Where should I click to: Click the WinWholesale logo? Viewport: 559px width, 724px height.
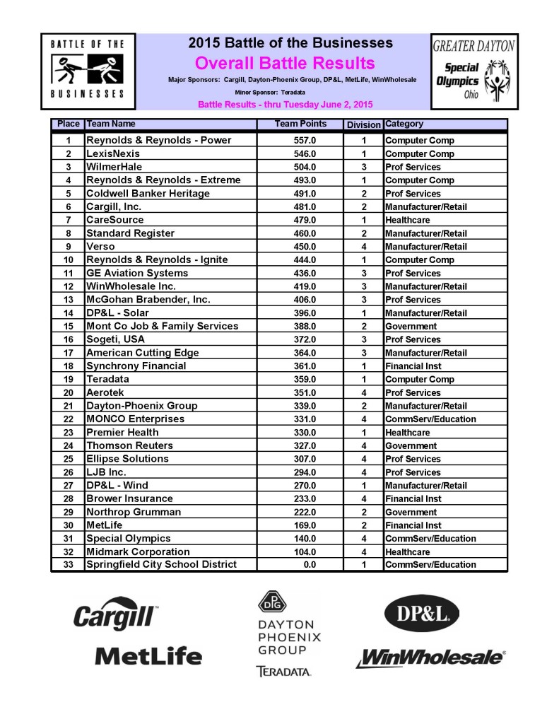(x=430, y=658)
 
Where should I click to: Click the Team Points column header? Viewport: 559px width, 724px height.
(x=300, y=124)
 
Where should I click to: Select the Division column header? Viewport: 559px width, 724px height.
(x=363, y=125)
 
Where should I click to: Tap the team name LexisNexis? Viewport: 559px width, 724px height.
(x=113, y=153)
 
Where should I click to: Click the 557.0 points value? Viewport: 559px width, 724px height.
(x=304, y=140)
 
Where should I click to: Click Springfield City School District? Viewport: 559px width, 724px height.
(x=161, y=564)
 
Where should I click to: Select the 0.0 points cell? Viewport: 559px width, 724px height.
(x=304, y=564)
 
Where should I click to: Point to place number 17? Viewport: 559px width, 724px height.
(x=69, y=353)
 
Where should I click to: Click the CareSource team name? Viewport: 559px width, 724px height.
(x=114, y=220)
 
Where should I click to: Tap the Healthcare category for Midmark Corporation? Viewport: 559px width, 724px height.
(x=407, y=551)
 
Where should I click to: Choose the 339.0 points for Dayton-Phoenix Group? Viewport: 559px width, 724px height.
(x=304, y=406)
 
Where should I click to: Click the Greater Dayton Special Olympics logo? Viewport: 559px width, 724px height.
(x=473, y=71)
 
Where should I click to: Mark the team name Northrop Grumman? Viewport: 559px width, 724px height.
(x=134, y=512)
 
